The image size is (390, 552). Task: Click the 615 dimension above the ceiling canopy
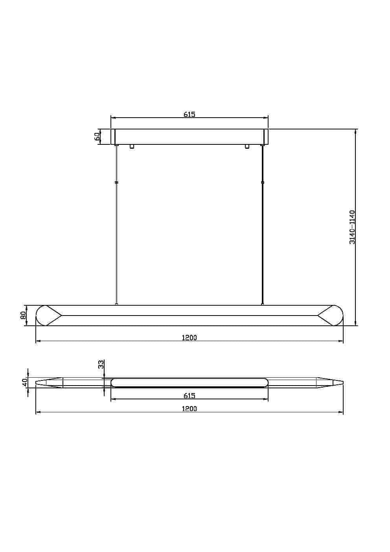click(189, 114)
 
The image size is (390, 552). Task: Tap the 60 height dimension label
click(97, 137)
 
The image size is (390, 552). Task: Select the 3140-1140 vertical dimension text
click(352, 227)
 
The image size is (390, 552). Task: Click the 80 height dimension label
click(23, 315)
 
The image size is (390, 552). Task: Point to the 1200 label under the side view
click(189, 338)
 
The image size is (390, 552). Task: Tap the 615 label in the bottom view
click(189, 395)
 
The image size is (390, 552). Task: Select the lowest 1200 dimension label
click(189, 409)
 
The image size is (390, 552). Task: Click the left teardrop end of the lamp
click(48, 316)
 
